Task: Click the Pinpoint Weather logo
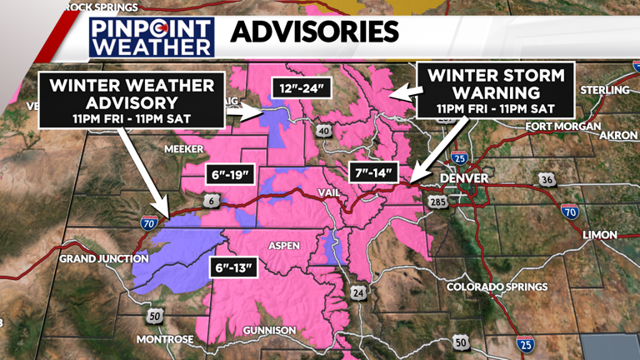coord(152,36)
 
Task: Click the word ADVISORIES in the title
coord(314,33)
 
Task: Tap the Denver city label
coord(464,178)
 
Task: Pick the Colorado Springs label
coord(497,287)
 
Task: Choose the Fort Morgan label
coord(562,127)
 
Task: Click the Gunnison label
coord(269,331)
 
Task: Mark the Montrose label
coord(165,339)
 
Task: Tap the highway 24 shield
coord(357,292)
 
